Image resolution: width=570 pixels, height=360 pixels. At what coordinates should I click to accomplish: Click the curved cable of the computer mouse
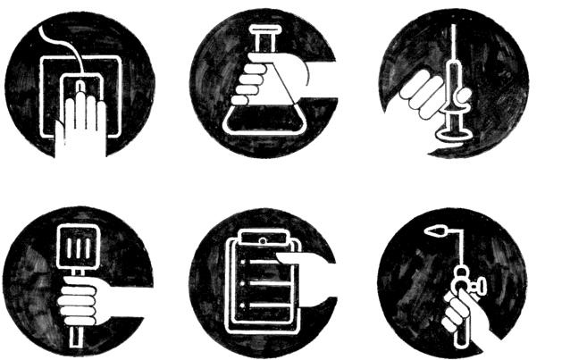coord(55,40)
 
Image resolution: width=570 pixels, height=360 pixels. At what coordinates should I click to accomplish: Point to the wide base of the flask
coord(260,120)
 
